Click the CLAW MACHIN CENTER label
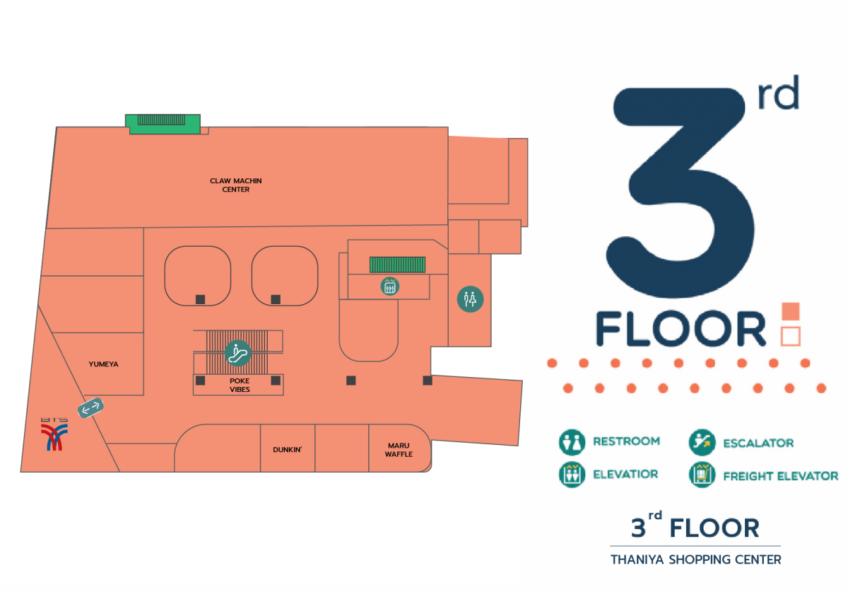click(235, 185)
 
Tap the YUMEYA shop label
click(103, 364)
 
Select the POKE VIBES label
click(240, 385)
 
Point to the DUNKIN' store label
click(288, 450)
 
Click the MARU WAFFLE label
click(399, 450)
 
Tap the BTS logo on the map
click(54, 434)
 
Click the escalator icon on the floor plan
click(237, 353)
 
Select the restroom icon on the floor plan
click(470, 299)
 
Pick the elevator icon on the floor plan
click(390, 286)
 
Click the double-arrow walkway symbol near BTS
click(91, 408)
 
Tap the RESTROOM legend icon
click(572, 442)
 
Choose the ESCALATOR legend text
click(758, 443)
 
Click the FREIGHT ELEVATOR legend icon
click(702, 475)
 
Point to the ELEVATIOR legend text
click(625, 474)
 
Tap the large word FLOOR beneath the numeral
click(681, 329)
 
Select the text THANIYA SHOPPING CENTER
click(696, 559)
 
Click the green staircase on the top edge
click(163, 124)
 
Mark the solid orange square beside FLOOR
click(791, 311)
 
